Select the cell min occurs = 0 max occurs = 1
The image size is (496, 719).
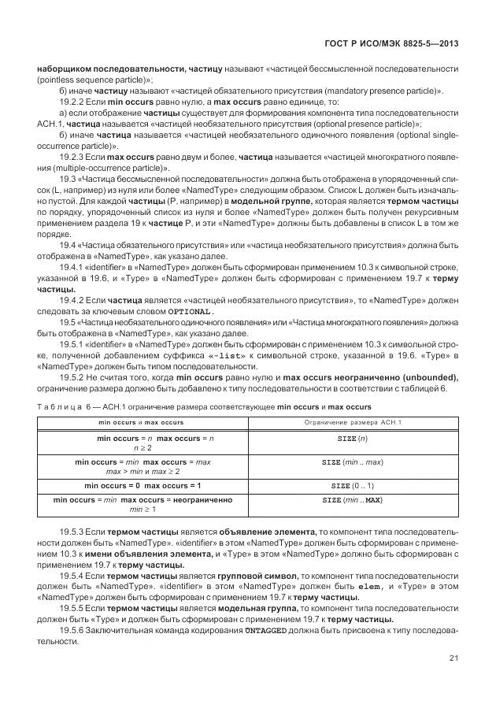point(143,486)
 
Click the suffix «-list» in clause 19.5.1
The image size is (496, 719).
point(228,356)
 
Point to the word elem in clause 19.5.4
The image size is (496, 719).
point(369,587)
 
